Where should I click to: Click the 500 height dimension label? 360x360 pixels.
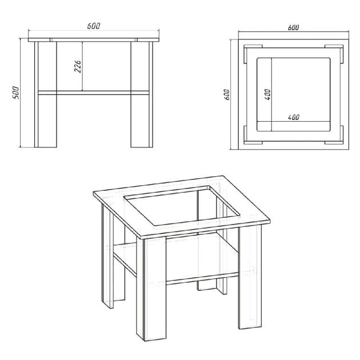(16, 93)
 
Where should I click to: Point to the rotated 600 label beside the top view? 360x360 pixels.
(227, 94)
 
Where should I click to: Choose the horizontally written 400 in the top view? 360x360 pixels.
(294, 117)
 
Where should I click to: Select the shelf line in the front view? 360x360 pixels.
(94, 92)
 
